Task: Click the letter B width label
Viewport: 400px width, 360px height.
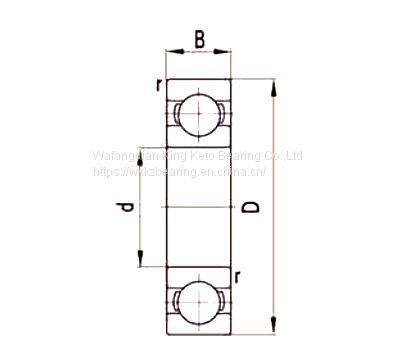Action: tap(199, 40)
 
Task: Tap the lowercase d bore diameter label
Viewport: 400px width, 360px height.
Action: tap(127, 209)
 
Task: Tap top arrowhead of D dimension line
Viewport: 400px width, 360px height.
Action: tap(272, 84)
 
